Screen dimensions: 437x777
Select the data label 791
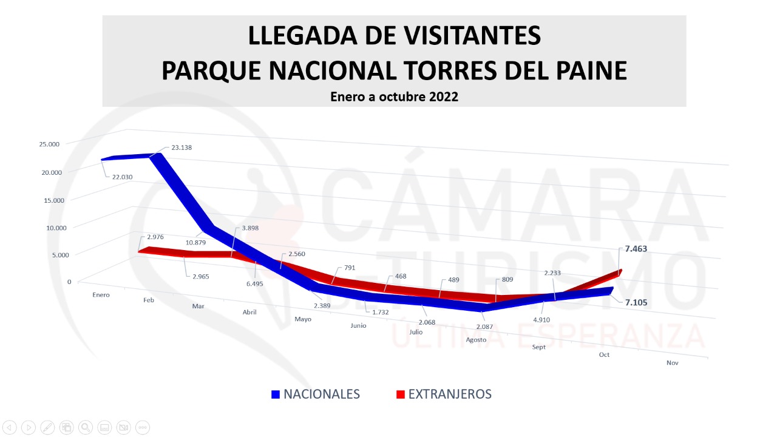[x=349, y=267]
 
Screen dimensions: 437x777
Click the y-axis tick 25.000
[x=49, y=144]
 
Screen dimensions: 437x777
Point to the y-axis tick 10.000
[x=49, y=228]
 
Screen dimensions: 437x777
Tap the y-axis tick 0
[x=69, y=282]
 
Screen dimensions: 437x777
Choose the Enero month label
[x=101, y=295]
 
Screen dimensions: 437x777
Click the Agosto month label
[x=476, y=339]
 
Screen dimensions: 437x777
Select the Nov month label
[x=672, y=363]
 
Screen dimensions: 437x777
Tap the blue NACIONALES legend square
[x=275, y=395]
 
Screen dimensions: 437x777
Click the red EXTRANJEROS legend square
[x=400, y=395]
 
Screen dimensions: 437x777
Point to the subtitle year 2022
[x=444, y=97]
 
